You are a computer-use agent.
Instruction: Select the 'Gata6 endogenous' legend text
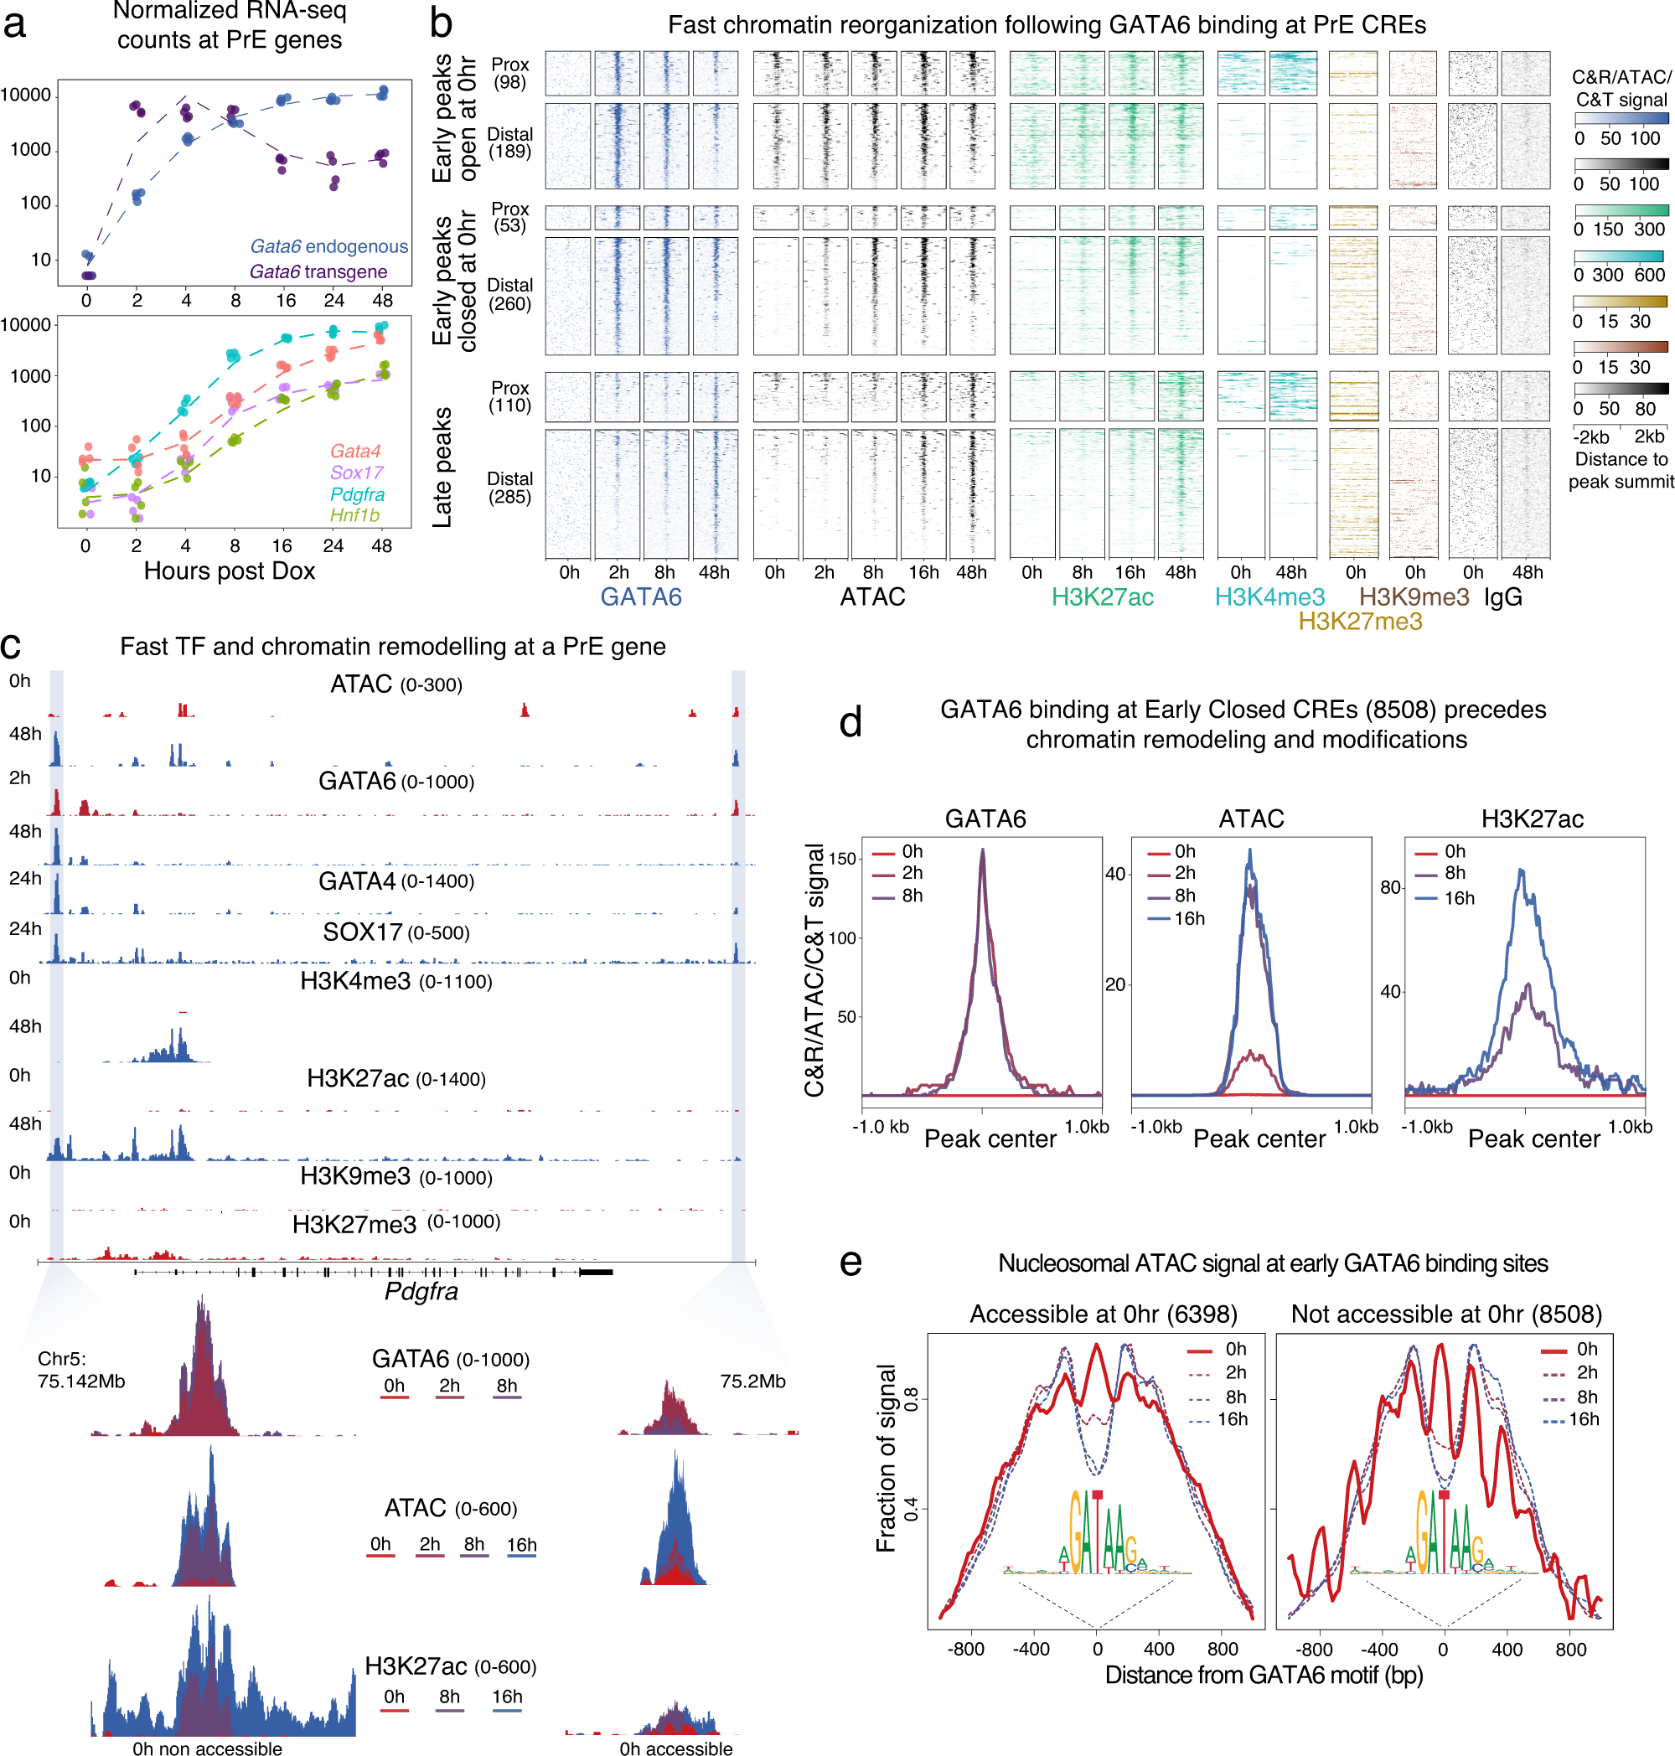328,246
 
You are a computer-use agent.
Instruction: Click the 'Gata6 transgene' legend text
318,271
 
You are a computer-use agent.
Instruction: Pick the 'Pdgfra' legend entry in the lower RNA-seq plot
357,493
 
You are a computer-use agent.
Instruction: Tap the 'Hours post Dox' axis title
230,571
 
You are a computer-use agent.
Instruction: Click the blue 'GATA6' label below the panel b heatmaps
640,597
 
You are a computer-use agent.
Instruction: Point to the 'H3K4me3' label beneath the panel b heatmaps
1269,597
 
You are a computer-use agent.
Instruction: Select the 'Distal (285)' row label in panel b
509,488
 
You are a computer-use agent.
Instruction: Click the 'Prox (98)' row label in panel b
509,73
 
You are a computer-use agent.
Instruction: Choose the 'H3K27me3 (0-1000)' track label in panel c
395,1223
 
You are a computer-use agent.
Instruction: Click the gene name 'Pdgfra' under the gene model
421,1291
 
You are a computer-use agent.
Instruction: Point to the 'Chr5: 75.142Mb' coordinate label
80,1370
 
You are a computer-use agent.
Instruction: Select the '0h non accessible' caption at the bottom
207,1748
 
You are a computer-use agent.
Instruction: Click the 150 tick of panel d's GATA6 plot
843,859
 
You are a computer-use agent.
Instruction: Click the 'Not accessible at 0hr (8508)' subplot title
1445,1314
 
